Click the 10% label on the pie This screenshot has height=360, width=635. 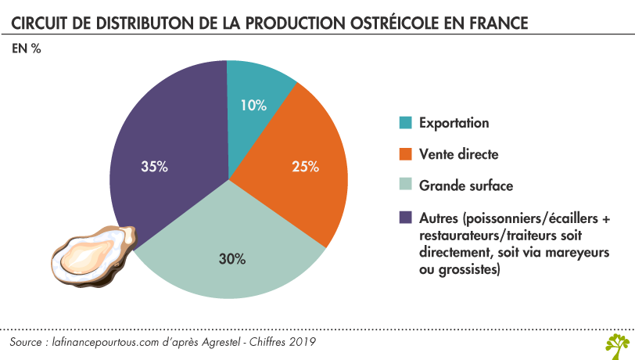pyautogui.click(x=253, y=105)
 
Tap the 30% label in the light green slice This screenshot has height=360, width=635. pyautogui.click(x=232, y=258)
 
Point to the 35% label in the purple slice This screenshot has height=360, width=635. pyautogui.click(x=153, y=166)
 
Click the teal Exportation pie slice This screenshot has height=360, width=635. pyautogui.click(x=258, y=86)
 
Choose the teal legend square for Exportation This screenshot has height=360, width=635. pyautogui.click(x=405, y=123)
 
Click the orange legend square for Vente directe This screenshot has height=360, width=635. pyautogui.click(x=405, y=154)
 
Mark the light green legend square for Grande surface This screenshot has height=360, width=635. pyautogui.click(x=405, y=186)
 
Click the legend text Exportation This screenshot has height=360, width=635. pyautogui.click(x=454, y=123)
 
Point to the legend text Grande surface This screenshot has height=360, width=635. pyautogui.click(x=466, y=186)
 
